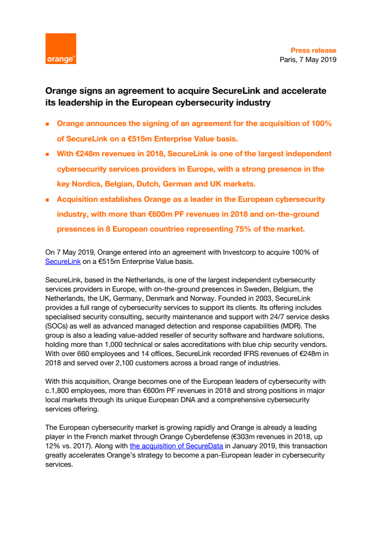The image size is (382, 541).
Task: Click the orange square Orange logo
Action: click(61, 49)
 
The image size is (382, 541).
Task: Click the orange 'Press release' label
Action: click(313, 50)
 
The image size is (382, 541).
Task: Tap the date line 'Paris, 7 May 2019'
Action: click(308, 59)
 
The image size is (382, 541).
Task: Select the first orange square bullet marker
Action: click(47, 124)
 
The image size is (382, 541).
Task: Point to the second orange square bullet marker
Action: click(47, 154)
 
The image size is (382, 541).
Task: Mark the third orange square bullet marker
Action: click(47, 199)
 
